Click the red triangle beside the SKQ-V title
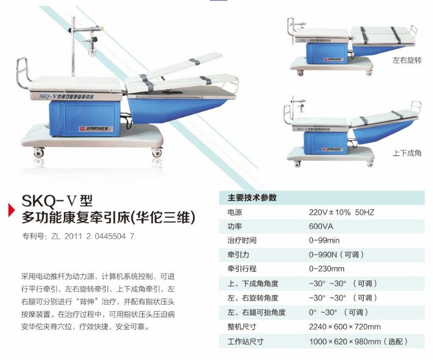coord(11,209)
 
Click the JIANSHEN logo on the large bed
coord(96,129)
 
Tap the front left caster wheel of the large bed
coord(38,152)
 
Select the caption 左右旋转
coord(407,60)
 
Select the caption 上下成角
coord(407,153)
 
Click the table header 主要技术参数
coord(252,197)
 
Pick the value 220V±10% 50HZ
coord(341,212)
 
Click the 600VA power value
coord(321,226)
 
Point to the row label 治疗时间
coord(242,241)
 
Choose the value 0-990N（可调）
coord(336,255)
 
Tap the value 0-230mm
coord(327,268)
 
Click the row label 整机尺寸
coord(242,327)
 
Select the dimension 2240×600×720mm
coord(345,327)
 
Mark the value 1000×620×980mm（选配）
coord(358,341)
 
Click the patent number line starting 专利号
coord(78,236)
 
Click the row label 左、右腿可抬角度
coord(256,312)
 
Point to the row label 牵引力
coord(238,255)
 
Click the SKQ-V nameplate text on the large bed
coord(67,97)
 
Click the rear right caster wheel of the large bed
coord(157,152)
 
